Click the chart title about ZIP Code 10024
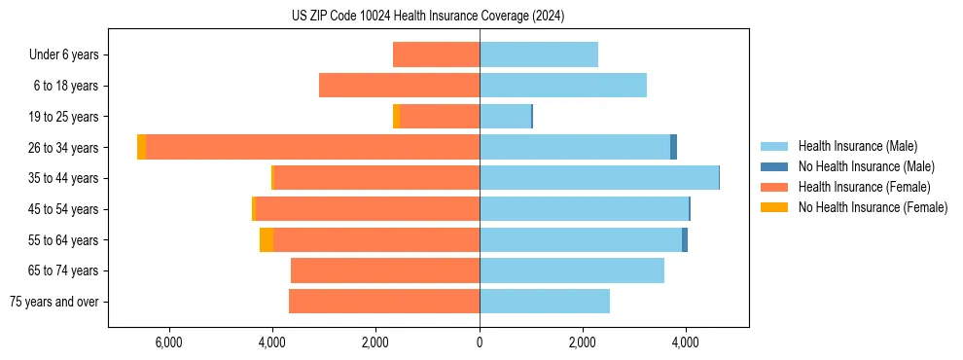click(428, 17)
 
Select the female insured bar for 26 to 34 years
click(311, 147)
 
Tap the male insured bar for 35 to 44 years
click(598, 178)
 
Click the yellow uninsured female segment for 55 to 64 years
click(267, 239)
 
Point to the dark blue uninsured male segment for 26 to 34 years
click(673, 147)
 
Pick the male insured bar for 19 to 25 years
click(505, 117)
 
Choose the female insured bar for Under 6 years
click(436, 54)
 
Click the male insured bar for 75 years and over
click(544, 302)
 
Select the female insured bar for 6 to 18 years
click(399, 86)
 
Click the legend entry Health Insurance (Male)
click(856, 146)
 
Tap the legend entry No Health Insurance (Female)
click(873, 207)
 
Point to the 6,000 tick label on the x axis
click(168, 342)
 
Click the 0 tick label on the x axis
click(480, 342)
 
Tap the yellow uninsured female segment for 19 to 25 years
click(396, 117)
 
